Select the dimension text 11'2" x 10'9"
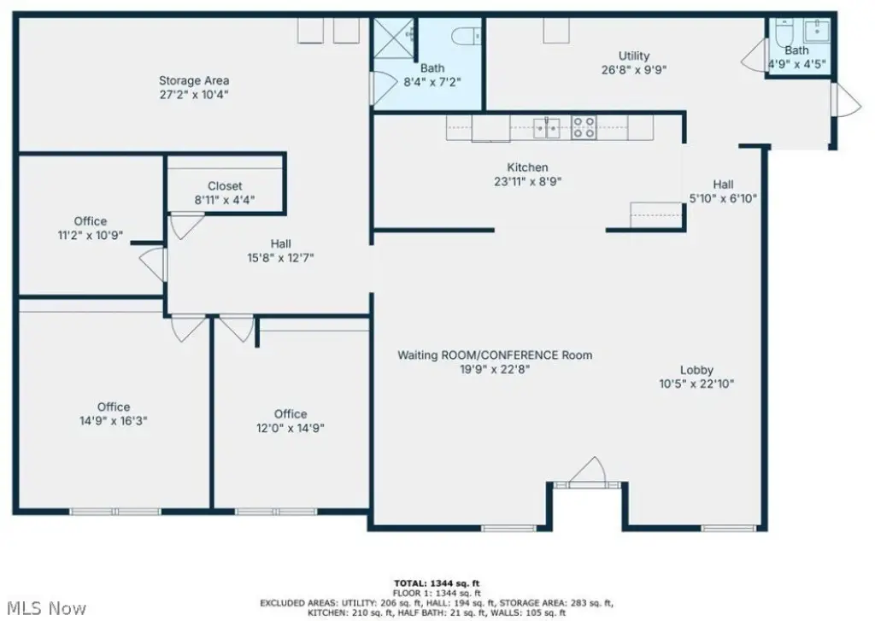pyautogui.click(x=91, y=236)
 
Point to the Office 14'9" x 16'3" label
pyautogui.click(x=114, y=413)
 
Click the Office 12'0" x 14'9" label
pyautogui.click(x=291, y=421)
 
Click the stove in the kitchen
pyautogui.click(x=584, y=127)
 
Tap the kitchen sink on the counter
pyautogui.click(x=546, y=128)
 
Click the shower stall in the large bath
pyautogui.click(x=393, y=38)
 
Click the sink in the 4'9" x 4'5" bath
pyautogui.click(x=816, y=32)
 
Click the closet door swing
pyautogui.click(x=186, y=226)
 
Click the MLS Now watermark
pyautogui.click(x=47, y=608)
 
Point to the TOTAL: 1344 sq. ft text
pyautogui.click(x=437, y=584)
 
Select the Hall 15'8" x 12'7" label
pyautogui.click(x=280, y=250)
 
